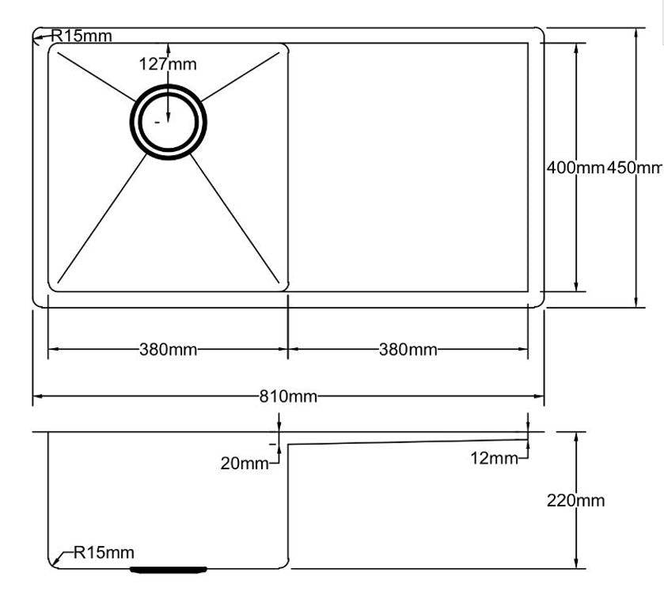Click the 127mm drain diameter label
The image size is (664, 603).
pyautogui.click(x=168, y=64)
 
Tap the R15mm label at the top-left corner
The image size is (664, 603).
pyautogui.click(x=82, y=36)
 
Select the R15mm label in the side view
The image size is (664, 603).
pyautogui.click(x=104, y=552)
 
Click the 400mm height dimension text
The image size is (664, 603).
pyautogui.click(x=575, y=167)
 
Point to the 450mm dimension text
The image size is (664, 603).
pyautogui.click(x=635, y=167)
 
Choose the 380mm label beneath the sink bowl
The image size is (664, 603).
pyautogui.click(x=169, y=349)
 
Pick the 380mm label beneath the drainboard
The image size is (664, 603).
pyautogui.click(x=408, y=349)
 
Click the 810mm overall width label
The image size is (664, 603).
pyautogui.click(x=288, y=396)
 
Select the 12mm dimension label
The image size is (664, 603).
pyautogui.click(x=494, y=458)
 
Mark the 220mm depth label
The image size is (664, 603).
pyautogui.click(x=575, y=500)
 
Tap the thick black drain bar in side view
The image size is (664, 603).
pyautogui.click(x=169, y=568)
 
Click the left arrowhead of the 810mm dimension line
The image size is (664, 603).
pyautogui.click(x=36, y=396)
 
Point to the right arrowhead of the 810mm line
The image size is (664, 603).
pyautogui.click(x=541, y=396)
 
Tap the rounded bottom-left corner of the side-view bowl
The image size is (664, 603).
pyautogui.click(x=54, y=563)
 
